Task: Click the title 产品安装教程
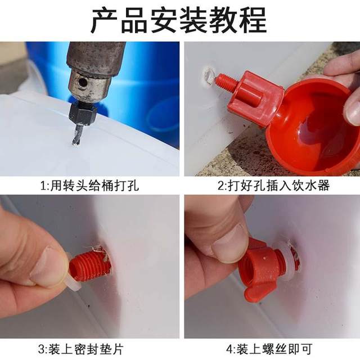[x=179, y=21]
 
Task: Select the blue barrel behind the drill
[x=152, y=84]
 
